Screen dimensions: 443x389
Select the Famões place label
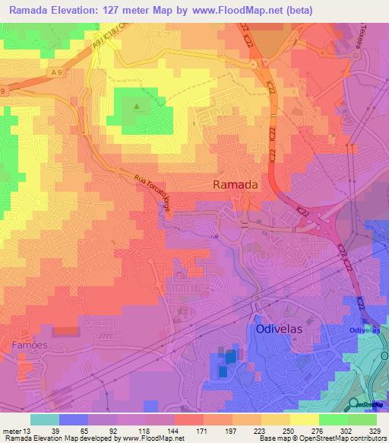[x=30, y=346]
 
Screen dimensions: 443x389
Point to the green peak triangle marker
[x=137, y=107]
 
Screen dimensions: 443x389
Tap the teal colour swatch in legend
[x=45, y=419]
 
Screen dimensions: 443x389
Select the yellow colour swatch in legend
[x=304, y=419]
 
